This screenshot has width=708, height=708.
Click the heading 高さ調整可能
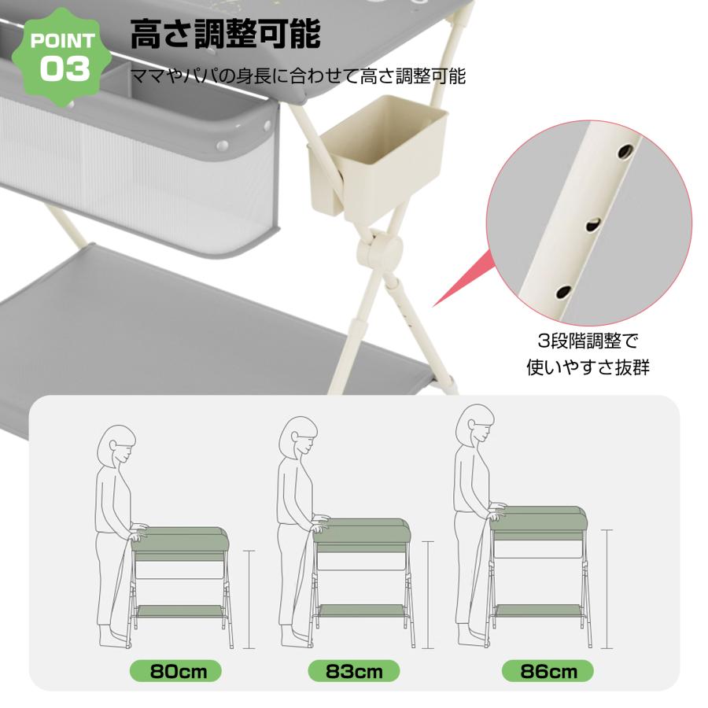pos(225,35)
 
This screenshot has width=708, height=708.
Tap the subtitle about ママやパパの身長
pos(298,76)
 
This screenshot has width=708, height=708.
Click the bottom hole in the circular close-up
pos(563,292)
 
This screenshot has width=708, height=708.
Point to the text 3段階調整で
pos(588,342)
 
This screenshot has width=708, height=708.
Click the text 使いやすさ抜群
pos(588,367)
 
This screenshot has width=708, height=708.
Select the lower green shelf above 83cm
pos(361,610)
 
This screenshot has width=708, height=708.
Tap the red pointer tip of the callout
pos(435,305)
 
